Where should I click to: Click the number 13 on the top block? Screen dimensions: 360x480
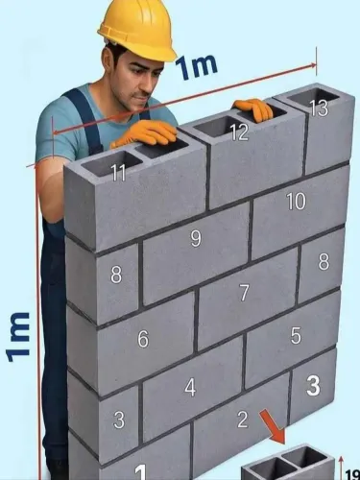click(319, 108)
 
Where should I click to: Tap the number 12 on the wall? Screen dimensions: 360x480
click(239, 132)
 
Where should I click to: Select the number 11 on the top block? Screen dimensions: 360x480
click(119, 173)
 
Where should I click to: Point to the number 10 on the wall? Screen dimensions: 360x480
click(296, 202)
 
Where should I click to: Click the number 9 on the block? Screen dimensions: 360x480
click(196, 239)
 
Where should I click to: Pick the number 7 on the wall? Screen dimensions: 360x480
click(244, 292)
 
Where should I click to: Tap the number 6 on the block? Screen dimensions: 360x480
click(143, 339)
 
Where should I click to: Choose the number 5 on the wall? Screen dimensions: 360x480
click(296, 335)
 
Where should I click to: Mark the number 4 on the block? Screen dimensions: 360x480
click(190, 388)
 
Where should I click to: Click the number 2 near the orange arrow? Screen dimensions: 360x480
click(242, 420)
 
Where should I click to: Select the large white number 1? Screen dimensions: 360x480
click(140, 472)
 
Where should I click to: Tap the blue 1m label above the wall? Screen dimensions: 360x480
click(196, 66)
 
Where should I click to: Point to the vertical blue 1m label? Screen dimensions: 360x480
click(18, 337)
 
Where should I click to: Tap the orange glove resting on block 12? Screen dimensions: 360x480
click(253, 109)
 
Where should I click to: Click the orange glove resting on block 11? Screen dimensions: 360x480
click(145, 133)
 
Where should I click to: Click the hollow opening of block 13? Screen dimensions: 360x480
click(314, 96)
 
